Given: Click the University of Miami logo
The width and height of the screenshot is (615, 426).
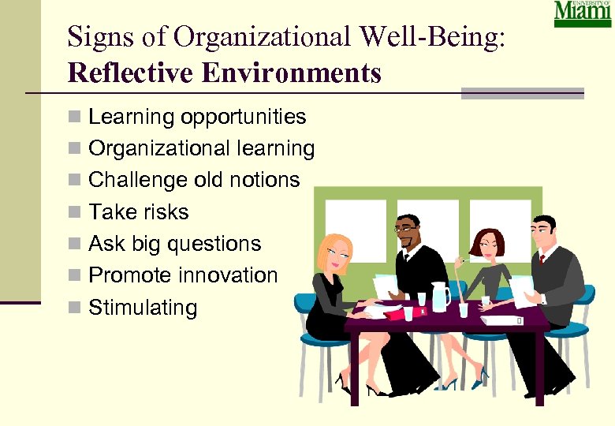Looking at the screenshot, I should pos(583,14).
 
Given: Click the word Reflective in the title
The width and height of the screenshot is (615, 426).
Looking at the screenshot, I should pos(120,73).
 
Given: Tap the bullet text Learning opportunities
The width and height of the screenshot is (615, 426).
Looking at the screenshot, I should pos(197,118).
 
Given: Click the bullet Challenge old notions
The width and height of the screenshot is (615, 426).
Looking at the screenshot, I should pos(194,180).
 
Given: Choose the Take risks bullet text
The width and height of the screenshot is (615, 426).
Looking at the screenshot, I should pos(139,211).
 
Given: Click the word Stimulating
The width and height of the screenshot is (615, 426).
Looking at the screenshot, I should pos(143,307).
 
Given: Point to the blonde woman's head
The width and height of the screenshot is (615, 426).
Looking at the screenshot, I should pos(334,252).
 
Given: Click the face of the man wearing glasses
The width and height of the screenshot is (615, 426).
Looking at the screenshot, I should pos(408,233).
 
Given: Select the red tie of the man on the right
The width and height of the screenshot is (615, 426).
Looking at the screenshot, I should pos(542,259).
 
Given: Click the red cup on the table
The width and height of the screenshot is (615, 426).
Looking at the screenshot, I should pos(408,313).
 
